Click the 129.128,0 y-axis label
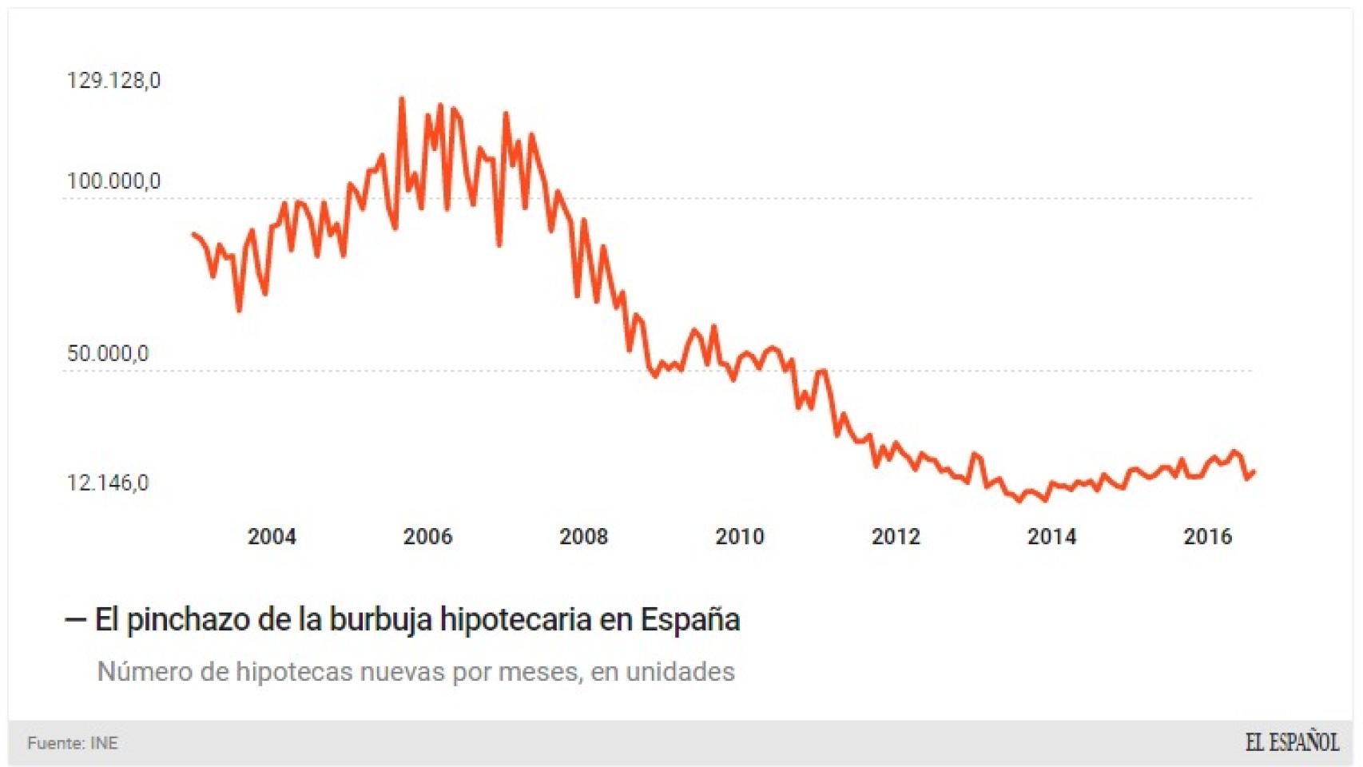tap(113, 81)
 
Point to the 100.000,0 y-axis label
tap(113, 181)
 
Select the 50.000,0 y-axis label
tap(108, 353)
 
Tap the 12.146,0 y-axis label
tap(108, 483)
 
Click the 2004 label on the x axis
tap(272, 536)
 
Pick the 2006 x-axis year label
tap(427, 536)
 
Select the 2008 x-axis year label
tap(583, 536)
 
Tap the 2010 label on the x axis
tap(740, 536)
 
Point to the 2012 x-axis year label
tap(896, 536)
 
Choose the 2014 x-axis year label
tap(1051, 536)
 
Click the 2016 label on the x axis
tap(1207, 536)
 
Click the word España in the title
tap(690, 620)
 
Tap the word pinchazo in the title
tap(188, 620)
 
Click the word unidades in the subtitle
tap(680, 672)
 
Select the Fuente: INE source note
tap(73, 743)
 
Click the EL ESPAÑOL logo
tap(1291, 742)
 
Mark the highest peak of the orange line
tap(402, 99)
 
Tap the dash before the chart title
tap(75, 620)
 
